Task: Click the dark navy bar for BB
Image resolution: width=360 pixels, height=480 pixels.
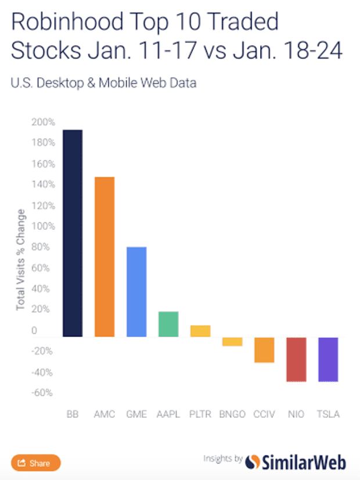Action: (73, 233)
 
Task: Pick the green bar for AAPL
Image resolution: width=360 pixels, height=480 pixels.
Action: (168, 324)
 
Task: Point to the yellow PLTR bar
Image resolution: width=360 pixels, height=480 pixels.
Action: (200, 331)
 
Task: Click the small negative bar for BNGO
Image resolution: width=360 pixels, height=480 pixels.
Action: (232, 342)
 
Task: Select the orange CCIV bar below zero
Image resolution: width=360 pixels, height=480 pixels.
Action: (264, 350)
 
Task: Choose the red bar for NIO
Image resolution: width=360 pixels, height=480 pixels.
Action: (296, 359)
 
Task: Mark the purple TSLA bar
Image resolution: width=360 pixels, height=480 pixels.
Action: (328, 359)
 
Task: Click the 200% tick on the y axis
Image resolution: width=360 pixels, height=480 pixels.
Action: (44, 122)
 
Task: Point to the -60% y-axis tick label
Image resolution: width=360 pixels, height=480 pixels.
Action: (44, 393)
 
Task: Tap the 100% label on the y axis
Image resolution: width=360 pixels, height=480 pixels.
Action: (44, 226)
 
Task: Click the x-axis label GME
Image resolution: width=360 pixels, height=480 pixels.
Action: (136, 415)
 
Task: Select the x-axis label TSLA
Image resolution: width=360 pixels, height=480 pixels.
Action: (328, 415)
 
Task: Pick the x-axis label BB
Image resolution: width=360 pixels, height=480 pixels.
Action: (73, 415)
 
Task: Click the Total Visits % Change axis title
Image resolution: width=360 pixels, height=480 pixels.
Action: (20, 258)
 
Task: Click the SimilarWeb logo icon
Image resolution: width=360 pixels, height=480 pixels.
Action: (253, 462)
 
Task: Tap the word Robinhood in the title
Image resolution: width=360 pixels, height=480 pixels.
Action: (62, 23)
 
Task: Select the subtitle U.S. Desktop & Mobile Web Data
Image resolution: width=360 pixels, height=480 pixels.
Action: (103, 83)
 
